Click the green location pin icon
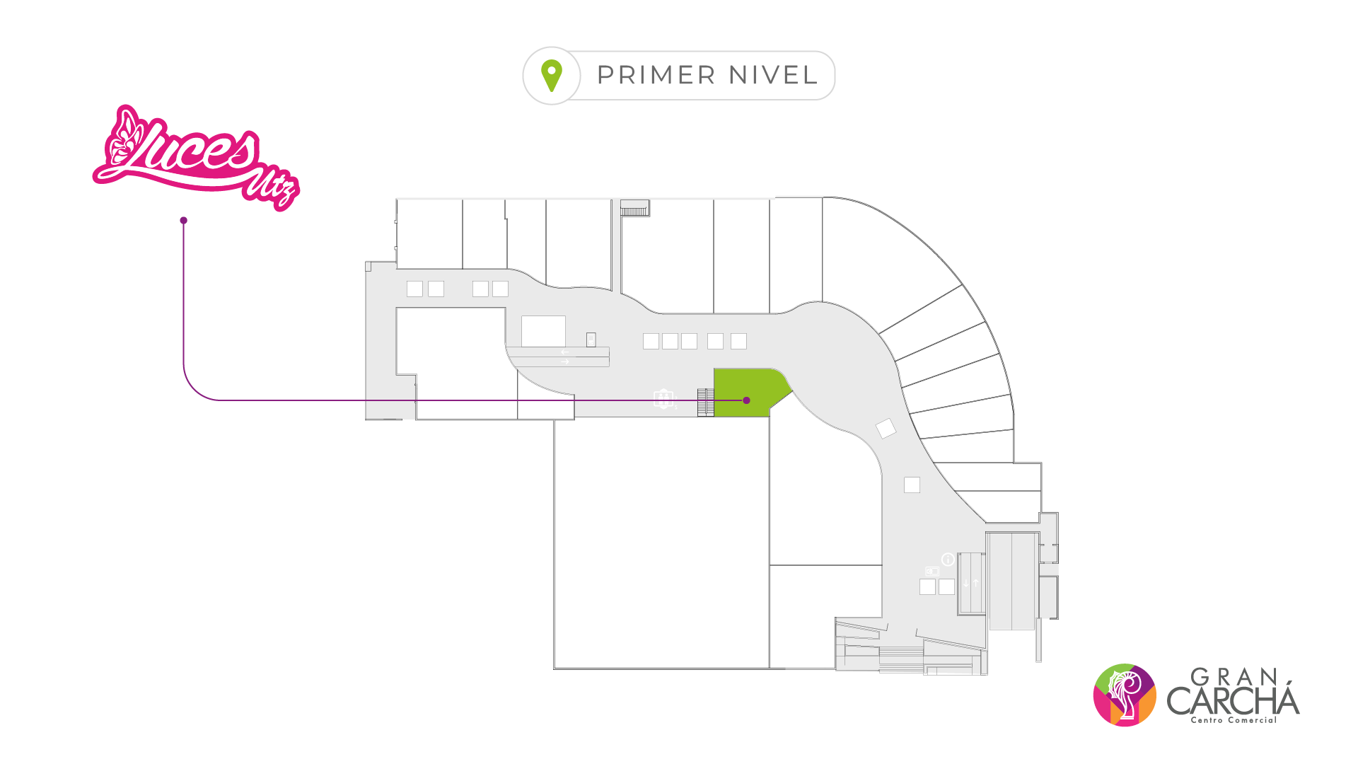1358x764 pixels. point(552,75)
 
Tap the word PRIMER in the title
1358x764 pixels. point(656,75)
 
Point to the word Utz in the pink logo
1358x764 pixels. point(271,187)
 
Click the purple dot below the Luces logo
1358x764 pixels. point(184,221)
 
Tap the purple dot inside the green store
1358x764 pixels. point(746,400)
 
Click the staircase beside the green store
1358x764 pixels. point(705,403)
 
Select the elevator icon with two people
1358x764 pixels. point(663,399)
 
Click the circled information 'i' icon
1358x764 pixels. point(948,560)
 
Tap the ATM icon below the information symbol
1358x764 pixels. point(932,571)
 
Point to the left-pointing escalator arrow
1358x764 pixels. point(564,352)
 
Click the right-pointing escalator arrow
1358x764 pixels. point(564,362)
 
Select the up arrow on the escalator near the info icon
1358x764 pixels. point(976,584)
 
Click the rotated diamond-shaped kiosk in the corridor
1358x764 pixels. point(886,428)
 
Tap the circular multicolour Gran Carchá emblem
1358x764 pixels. point(1125,695)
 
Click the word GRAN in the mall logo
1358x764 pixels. point(1234,678)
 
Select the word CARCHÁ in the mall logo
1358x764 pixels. point(1233,700)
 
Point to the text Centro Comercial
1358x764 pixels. point(1234,720)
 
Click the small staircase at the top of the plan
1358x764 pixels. point(634,208)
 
